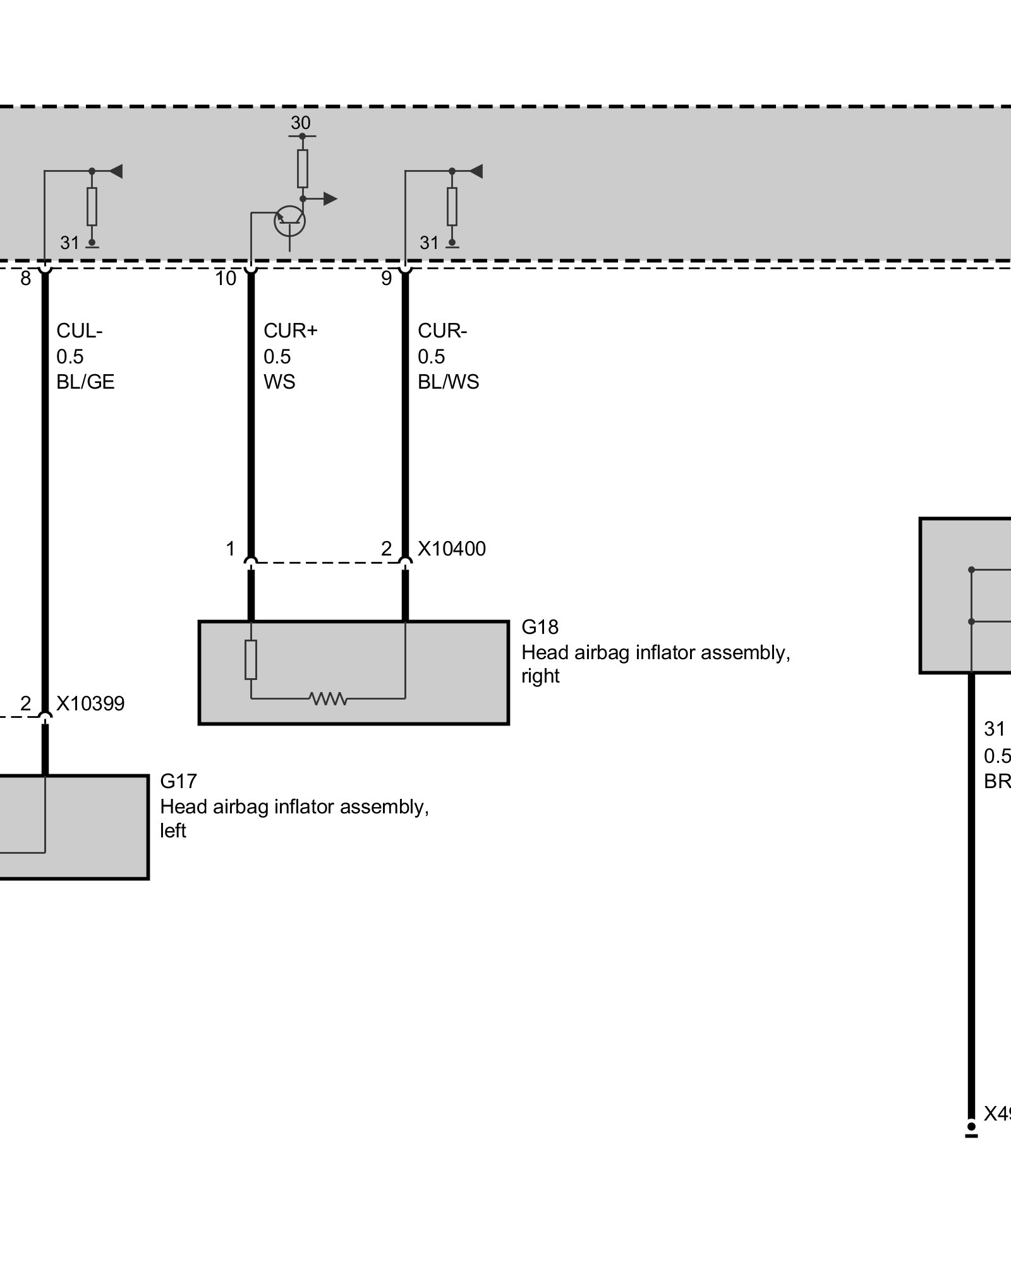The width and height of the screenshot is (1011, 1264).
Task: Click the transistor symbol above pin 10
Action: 289,221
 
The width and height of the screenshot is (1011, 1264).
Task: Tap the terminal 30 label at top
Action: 301,123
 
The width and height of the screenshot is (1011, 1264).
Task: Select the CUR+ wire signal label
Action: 290,331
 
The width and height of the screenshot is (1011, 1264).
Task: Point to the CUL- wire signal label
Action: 79,331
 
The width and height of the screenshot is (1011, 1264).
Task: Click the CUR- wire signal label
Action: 442,331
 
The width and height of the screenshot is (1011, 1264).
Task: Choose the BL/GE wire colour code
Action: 85,382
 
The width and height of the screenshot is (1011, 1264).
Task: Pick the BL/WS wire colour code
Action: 449,382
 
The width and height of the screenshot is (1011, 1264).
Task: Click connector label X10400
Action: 452,549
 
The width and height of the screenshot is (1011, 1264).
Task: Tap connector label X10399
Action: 90,703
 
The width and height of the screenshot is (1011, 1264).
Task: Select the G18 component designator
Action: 540,627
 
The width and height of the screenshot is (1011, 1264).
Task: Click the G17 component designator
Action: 178,781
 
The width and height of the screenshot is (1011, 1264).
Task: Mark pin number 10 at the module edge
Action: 226,278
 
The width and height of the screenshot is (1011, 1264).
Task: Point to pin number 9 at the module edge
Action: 387,278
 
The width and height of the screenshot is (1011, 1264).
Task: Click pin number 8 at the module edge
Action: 25,278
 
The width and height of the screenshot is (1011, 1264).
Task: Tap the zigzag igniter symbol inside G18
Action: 328,698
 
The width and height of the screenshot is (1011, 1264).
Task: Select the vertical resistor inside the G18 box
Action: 251,660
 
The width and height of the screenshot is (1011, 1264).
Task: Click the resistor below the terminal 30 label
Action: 303,169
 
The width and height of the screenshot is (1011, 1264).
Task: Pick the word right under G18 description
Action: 540,676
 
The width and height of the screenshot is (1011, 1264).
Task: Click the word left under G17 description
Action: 173,830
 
